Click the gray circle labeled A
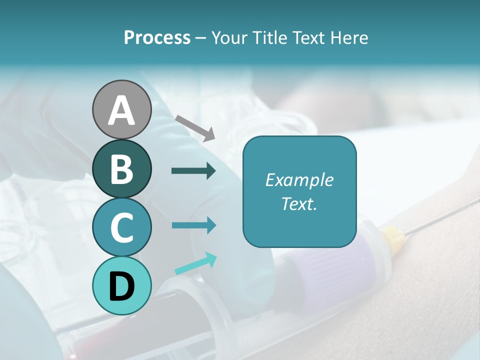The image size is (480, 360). (121, 109)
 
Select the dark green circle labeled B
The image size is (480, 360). (121, 168)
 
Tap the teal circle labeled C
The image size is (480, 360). (121, 227)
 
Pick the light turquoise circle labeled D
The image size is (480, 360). (121, 285)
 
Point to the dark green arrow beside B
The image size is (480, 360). (193, 171)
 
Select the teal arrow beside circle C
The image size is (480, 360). (193, 225)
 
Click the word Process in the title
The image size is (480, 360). (157, 38)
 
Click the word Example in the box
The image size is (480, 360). (299, 180)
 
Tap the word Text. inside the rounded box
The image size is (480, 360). (299, 203)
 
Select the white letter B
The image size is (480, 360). (121, 169)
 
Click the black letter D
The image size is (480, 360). (121, 286)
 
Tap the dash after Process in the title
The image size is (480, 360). (201, 38)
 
